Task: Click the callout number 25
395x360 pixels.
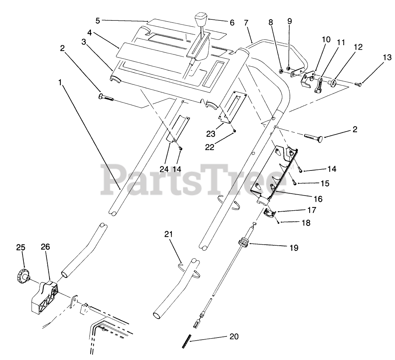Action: pos(21,247)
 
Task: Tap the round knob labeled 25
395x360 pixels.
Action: pos(22,275)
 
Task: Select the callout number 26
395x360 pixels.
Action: pos(45,247)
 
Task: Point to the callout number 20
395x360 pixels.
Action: pos(234,337)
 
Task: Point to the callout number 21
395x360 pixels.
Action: pos(169,234)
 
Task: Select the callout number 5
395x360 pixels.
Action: pos(98,20)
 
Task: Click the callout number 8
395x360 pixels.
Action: pos(271,22)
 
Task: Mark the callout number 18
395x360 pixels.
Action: pos(306,223)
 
